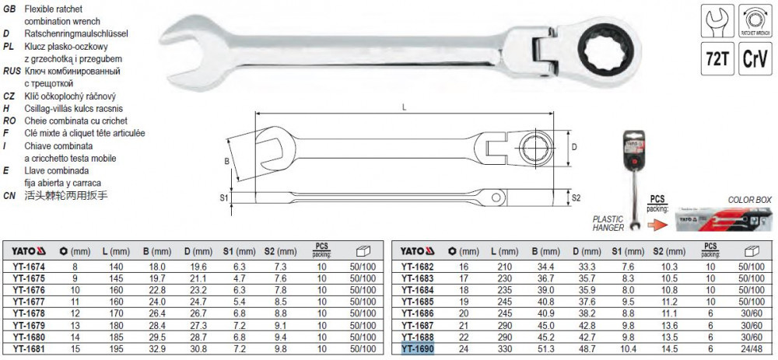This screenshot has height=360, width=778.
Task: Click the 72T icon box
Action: click(x=717, y=58)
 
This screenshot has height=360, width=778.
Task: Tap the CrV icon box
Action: click(x=755, y=58)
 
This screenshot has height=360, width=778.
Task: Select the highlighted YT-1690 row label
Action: click(x=417, y=350)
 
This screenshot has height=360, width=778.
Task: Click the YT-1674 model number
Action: click(x=30, y=266)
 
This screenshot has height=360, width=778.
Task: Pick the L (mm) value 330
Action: click(x=504, y=350)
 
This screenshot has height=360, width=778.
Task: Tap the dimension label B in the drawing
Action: click(x=226, y=161)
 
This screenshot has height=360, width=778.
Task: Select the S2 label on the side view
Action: click(x=576, y=197)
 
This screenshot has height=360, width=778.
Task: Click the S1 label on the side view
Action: click(x=224, y=197)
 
